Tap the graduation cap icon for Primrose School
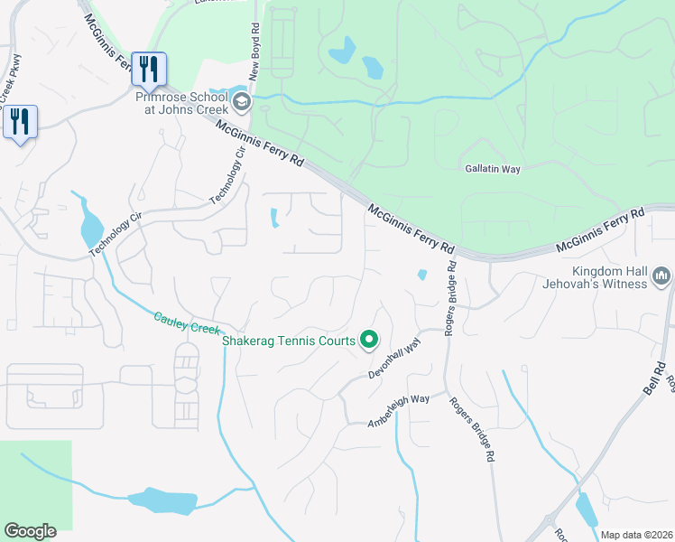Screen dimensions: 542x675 241,102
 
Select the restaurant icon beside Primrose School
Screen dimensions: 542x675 148,69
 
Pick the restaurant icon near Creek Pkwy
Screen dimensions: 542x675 20,121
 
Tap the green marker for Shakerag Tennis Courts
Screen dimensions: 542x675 368,340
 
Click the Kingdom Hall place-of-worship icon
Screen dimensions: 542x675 661,275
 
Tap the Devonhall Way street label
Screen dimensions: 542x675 395,360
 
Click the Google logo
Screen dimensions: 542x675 30,531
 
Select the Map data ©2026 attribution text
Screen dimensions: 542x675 636,535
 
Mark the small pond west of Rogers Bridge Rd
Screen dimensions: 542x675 421,275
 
